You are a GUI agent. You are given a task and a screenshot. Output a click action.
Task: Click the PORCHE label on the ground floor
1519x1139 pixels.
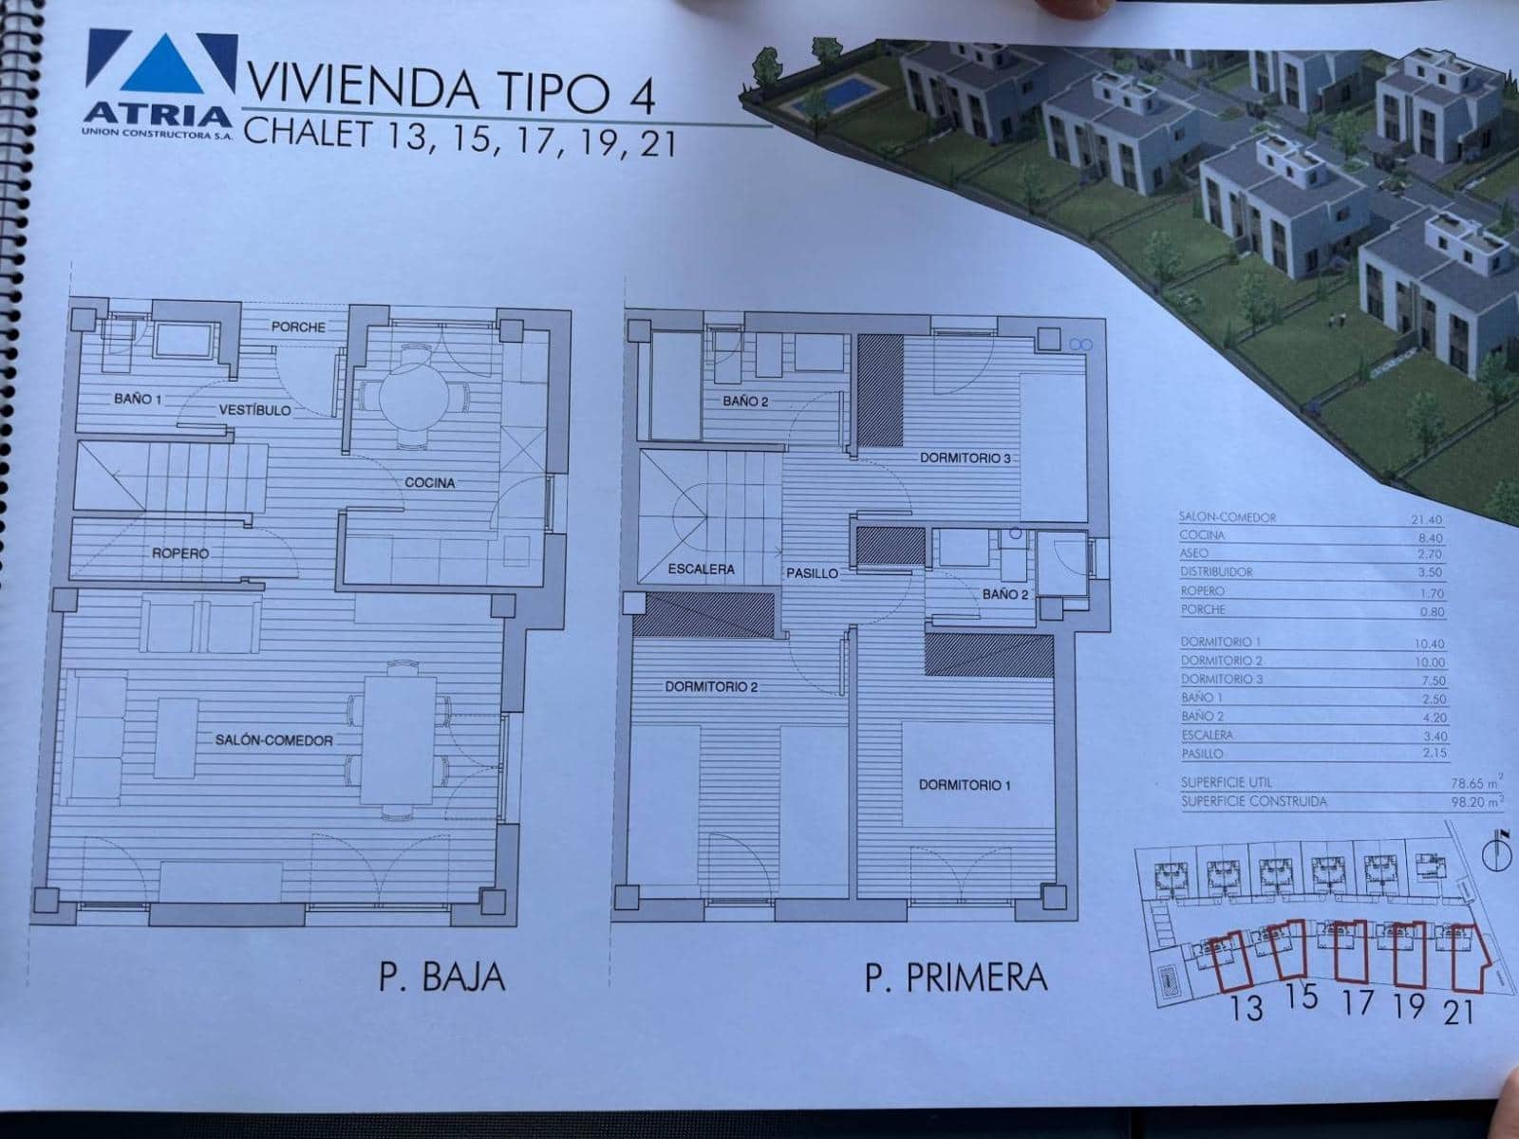pos(298,327)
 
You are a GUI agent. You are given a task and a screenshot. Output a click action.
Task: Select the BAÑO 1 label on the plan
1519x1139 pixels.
pos(138,400)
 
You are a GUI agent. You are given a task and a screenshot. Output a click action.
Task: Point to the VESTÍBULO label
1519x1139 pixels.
pos(254,410)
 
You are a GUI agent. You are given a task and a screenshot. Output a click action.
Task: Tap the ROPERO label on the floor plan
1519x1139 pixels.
pos(179,553)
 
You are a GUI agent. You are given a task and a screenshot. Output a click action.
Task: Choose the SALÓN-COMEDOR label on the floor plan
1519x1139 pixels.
pos(274,740)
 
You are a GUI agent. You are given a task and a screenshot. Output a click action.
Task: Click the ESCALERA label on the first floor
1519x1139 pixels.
pos(702,569)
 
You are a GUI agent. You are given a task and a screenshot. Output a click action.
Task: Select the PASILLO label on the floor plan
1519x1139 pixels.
pos(812,573)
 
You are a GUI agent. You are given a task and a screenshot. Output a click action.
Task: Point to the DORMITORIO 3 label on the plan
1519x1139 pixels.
pos(965,458)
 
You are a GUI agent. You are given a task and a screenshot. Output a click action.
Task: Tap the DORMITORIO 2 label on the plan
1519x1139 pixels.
pos(711,686)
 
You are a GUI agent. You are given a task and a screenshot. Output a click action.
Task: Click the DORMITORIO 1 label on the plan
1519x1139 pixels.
pos(965,785)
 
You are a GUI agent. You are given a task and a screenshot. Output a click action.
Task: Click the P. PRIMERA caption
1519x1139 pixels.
pos(956,977)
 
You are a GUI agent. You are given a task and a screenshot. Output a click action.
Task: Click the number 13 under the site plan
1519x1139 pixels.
pos(1246,1007)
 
